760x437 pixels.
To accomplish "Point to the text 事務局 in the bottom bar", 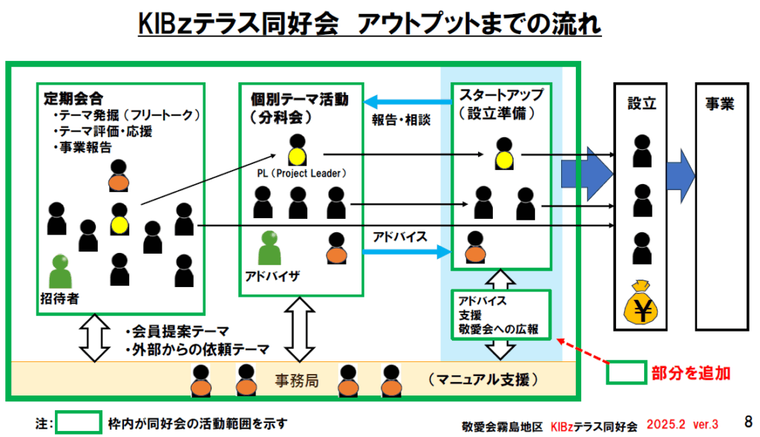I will pyautogui.click(x=297, y=381).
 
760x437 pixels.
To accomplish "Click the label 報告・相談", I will pyautogui.click(x=401, y=119).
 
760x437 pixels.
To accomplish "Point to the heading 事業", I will pyautogui.click(x=719, y=104).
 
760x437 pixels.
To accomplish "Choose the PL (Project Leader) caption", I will pyautogui.click(x=297, y=173).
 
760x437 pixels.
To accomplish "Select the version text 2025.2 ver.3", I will pyautogui.click(x=682, y=424).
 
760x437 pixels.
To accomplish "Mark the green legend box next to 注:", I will pyautogui.click(x=78, y=423).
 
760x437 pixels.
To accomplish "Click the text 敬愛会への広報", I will pyautogui.click(x=499, y=329).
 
